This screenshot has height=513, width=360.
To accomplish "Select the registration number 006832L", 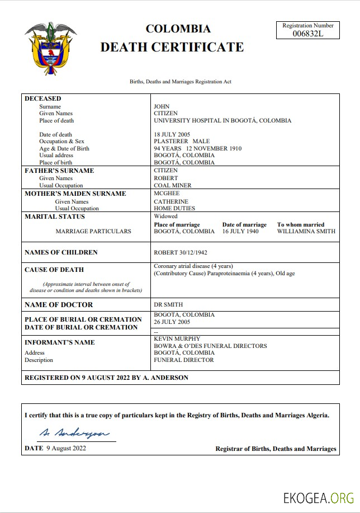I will pos(308,34).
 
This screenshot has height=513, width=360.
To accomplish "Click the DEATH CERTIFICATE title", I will pos(172,47).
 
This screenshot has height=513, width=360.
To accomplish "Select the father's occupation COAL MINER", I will pos(172,185).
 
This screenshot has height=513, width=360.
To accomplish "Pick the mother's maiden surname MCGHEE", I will pos(167,194).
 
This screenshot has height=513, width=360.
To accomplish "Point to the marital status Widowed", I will pos(165,216).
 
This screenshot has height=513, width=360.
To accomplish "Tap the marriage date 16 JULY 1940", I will pos(240,231).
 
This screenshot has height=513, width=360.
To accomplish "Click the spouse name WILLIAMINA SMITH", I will pos(306,231).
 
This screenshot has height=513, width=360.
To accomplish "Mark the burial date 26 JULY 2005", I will pos(172,322).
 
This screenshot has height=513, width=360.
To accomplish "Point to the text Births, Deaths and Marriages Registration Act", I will pos(181,82).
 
